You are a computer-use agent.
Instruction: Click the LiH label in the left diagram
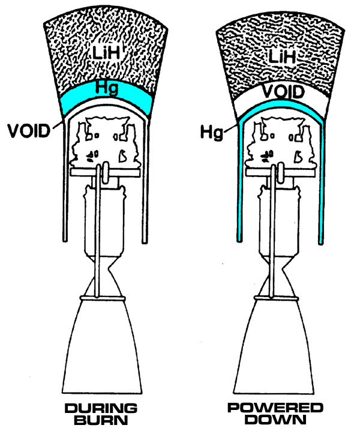coord(106,52)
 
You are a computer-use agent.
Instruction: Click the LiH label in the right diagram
coord(282,56)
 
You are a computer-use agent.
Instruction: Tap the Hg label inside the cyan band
coord(106,88)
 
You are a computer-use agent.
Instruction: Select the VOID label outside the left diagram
coord(29,131)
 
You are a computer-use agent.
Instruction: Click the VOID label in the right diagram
coord(283,92)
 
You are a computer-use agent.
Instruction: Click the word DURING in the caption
coord(101,409)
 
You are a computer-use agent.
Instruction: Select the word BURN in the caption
coord(101,420)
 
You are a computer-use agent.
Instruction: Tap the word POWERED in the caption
coord(275,408)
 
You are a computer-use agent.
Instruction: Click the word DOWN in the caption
coord(275,420)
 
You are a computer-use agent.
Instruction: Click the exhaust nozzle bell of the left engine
coord(102,346)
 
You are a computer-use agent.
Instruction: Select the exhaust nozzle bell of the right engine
coord(274,346)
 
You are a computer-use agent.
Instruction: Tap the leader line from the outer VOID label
coord(58,125)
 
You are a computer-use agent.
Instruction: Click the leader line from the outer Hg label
coord(231,128)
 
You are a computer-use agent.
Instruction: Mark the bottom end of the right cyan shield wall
coord(321,243)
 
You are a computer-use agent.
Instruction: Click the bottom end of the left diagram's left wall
coord(65,240)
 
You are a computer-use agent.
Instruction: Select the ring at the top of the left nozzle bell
coord(103,298)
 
